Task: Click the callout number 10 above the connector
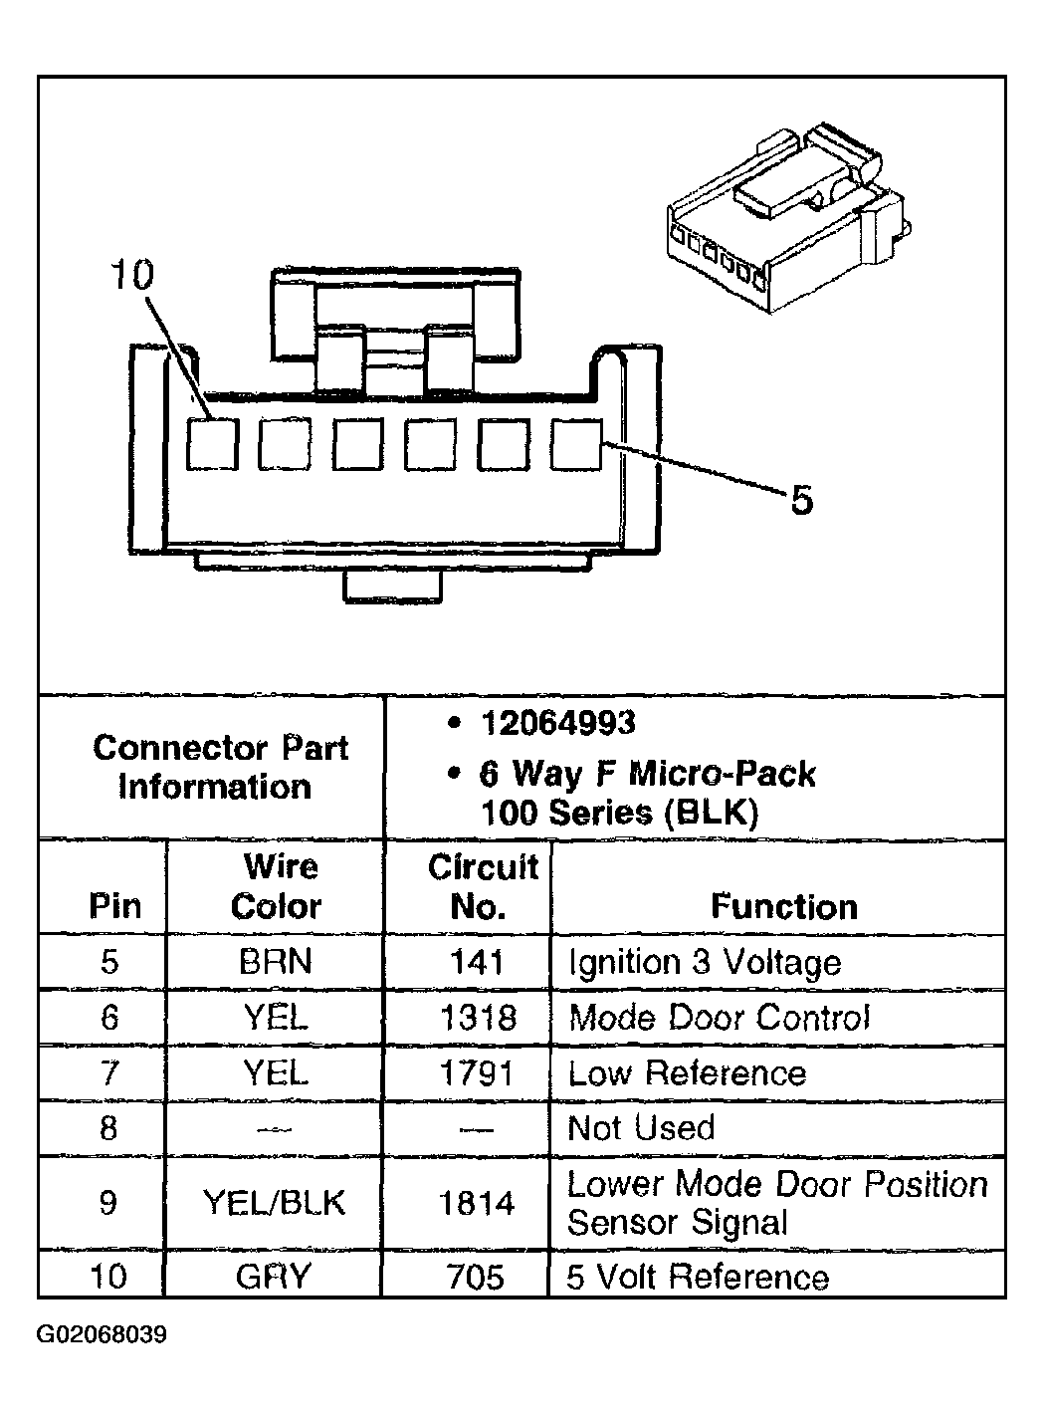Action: pos(132,275)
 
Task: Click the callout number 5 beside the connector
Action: pos(802,500)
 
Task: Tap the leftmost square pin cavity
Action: pos(213,444)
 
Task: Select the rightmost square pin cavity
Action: pos(576,445)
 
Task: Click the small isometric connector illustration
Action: pos(789,217)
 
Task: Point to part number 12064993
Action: pos(558,723)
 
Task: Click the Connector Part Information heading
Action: pos(220,767)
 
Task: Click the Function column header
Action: pos(784,906)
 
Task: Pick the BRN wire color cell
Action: pos(276,962)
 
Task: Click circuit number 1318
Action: pos(478,1018)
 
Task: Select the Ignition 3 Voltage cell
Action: pos(705,963)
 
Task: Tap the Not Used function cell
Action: pos(641,1128)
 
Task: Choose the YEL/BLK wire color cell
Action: pos(274,1202)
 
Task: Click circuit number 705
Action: pos(475,1277)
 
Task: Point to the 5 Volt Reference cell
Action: pos(698,1277)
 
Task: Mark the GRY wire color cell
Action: pos(274,1277)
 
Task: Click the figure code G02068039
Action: pos(102,1335)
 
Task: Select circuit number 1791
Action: pos(477,1073)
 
